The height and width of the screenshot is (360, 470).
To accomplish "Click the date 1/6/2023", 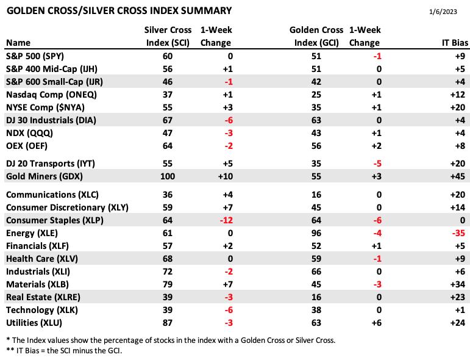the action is coord(443,12).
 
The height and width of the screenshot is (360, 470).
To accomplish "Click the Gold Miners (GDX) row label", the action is coord(45,176).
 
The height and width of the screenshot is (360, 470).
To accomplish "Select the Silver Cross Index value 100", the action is coord(168,176).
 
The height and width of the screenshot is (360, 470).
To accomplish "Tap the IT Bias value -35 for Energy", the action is coord(458,233).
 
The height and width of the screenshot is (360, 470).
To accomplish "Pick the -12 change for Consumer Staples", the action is coord(226,220).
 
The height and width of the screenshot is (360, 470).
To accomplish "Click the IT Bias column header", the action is coord(455,43).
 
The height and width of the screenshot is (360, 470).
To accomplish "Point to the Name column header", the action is coord(18,43).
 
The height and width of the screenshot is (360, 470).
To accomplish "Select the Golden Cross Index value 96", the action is coord(316,233).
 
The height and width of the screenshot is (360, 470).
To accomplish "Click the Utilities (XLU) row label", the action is coord(34,323).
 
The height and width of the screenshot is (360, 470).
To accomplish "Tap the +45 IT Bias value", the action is coord(458,176).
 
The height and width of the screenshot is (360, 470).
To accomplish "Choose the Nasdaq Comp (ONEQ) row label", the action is coord(52,95).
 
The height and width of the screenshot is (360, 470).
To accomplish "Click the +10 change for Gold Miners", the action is coord(226,176).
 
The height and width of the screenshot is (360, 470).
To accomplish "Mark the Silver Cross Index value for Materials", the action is coord(168,284).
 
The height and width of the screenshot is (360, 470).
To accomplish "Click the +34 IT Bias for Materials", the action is coord(458,284).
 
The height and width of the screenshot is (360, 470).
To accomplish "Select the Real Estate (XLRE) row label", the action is coord(43,297).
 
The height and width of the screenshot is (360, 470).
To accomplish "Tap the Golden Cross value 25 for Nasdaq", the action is coord(316,95).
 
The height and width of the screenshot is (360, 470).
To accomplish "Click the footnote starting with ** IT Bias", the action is coord(64,350).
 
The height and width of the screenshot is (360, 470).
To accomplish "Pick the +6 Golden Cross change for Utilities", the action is coord(377,323).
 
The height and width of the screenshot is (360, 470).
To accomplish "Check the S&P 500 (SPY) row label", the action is coord(35,56).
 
